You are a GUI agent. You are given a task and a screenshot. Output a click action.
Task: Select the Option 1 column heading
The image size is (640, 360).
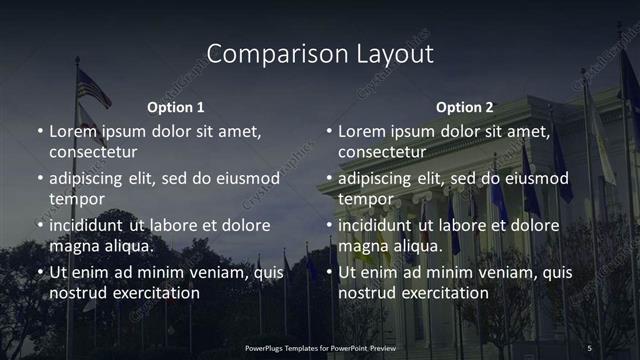tap(176, 107)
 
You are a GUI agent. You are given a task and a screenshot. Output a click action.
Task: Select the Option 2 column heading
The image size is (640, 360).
tap(465, 107)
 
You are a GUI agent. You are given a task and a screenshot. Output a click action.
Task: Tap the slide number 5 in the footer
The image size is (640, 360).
tap(589, 347)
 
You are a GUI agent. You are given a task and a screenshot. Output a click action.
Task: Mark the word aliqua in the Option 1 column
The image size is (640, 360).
tap(128, 246)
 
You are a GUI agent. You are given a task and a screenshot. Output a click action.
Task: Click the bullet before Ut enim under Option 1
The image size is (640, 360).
tap(40, 272)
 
